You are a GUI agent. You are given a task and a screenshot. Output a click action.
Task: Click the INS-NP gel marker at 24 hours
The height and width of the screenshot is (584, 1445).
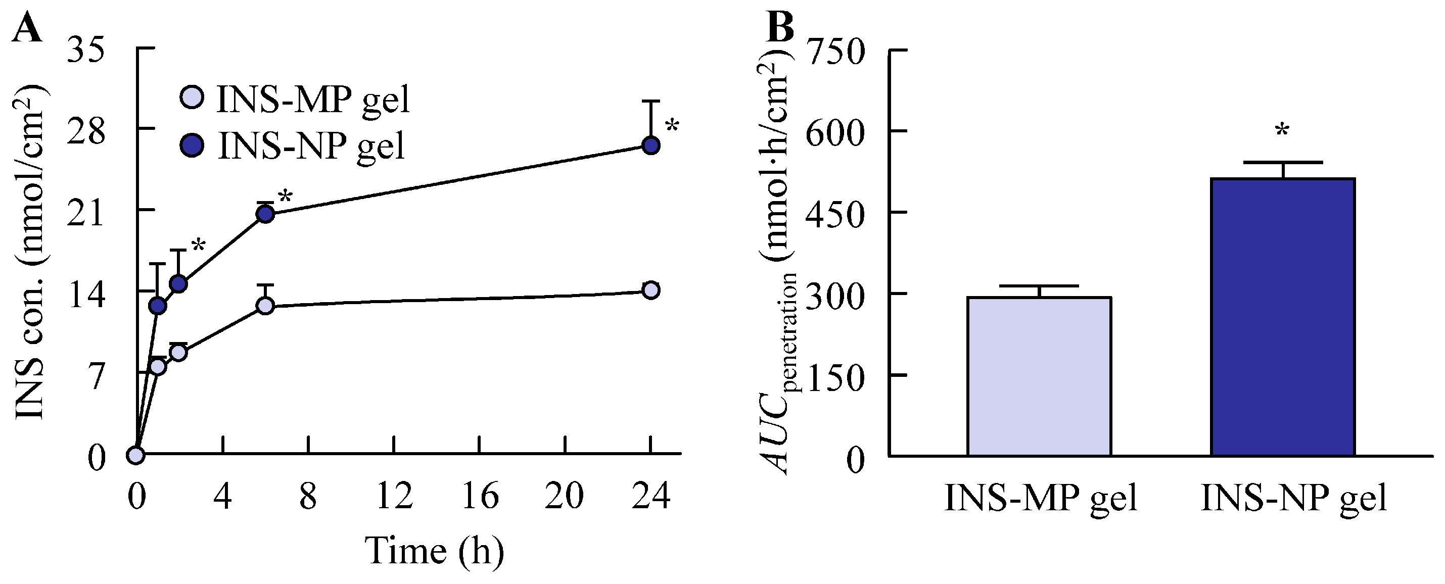coord(650,145)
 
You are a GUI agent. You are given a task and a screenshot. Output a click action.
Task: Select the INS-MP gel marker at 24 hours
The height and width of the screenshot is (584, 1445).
coord(650,290)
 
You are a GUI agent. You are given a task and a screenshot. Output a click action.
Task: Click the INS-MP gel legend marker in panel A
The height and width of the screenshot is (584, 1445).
coord(193,97)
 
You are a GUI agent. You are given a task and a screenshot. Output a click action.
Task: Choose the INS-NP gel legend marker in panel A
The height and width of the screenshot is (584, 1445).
coord(193,145)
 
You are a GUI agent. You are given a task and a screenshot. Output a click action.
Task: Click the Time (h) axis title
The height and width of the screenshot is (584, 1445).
coord(435,551)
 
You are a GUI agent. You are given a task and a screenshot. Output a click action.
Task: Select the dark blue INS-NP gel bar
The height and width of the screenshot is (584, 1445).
coord(1283,317)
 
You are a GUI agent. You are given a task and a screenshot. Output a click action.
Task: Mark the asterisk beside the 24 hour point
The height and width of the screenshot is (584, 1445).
coord(672,126)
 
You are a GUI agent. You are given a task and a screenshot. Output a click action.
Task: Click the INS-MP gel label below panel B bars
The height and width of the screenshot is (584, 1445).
coord(1041,497)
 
